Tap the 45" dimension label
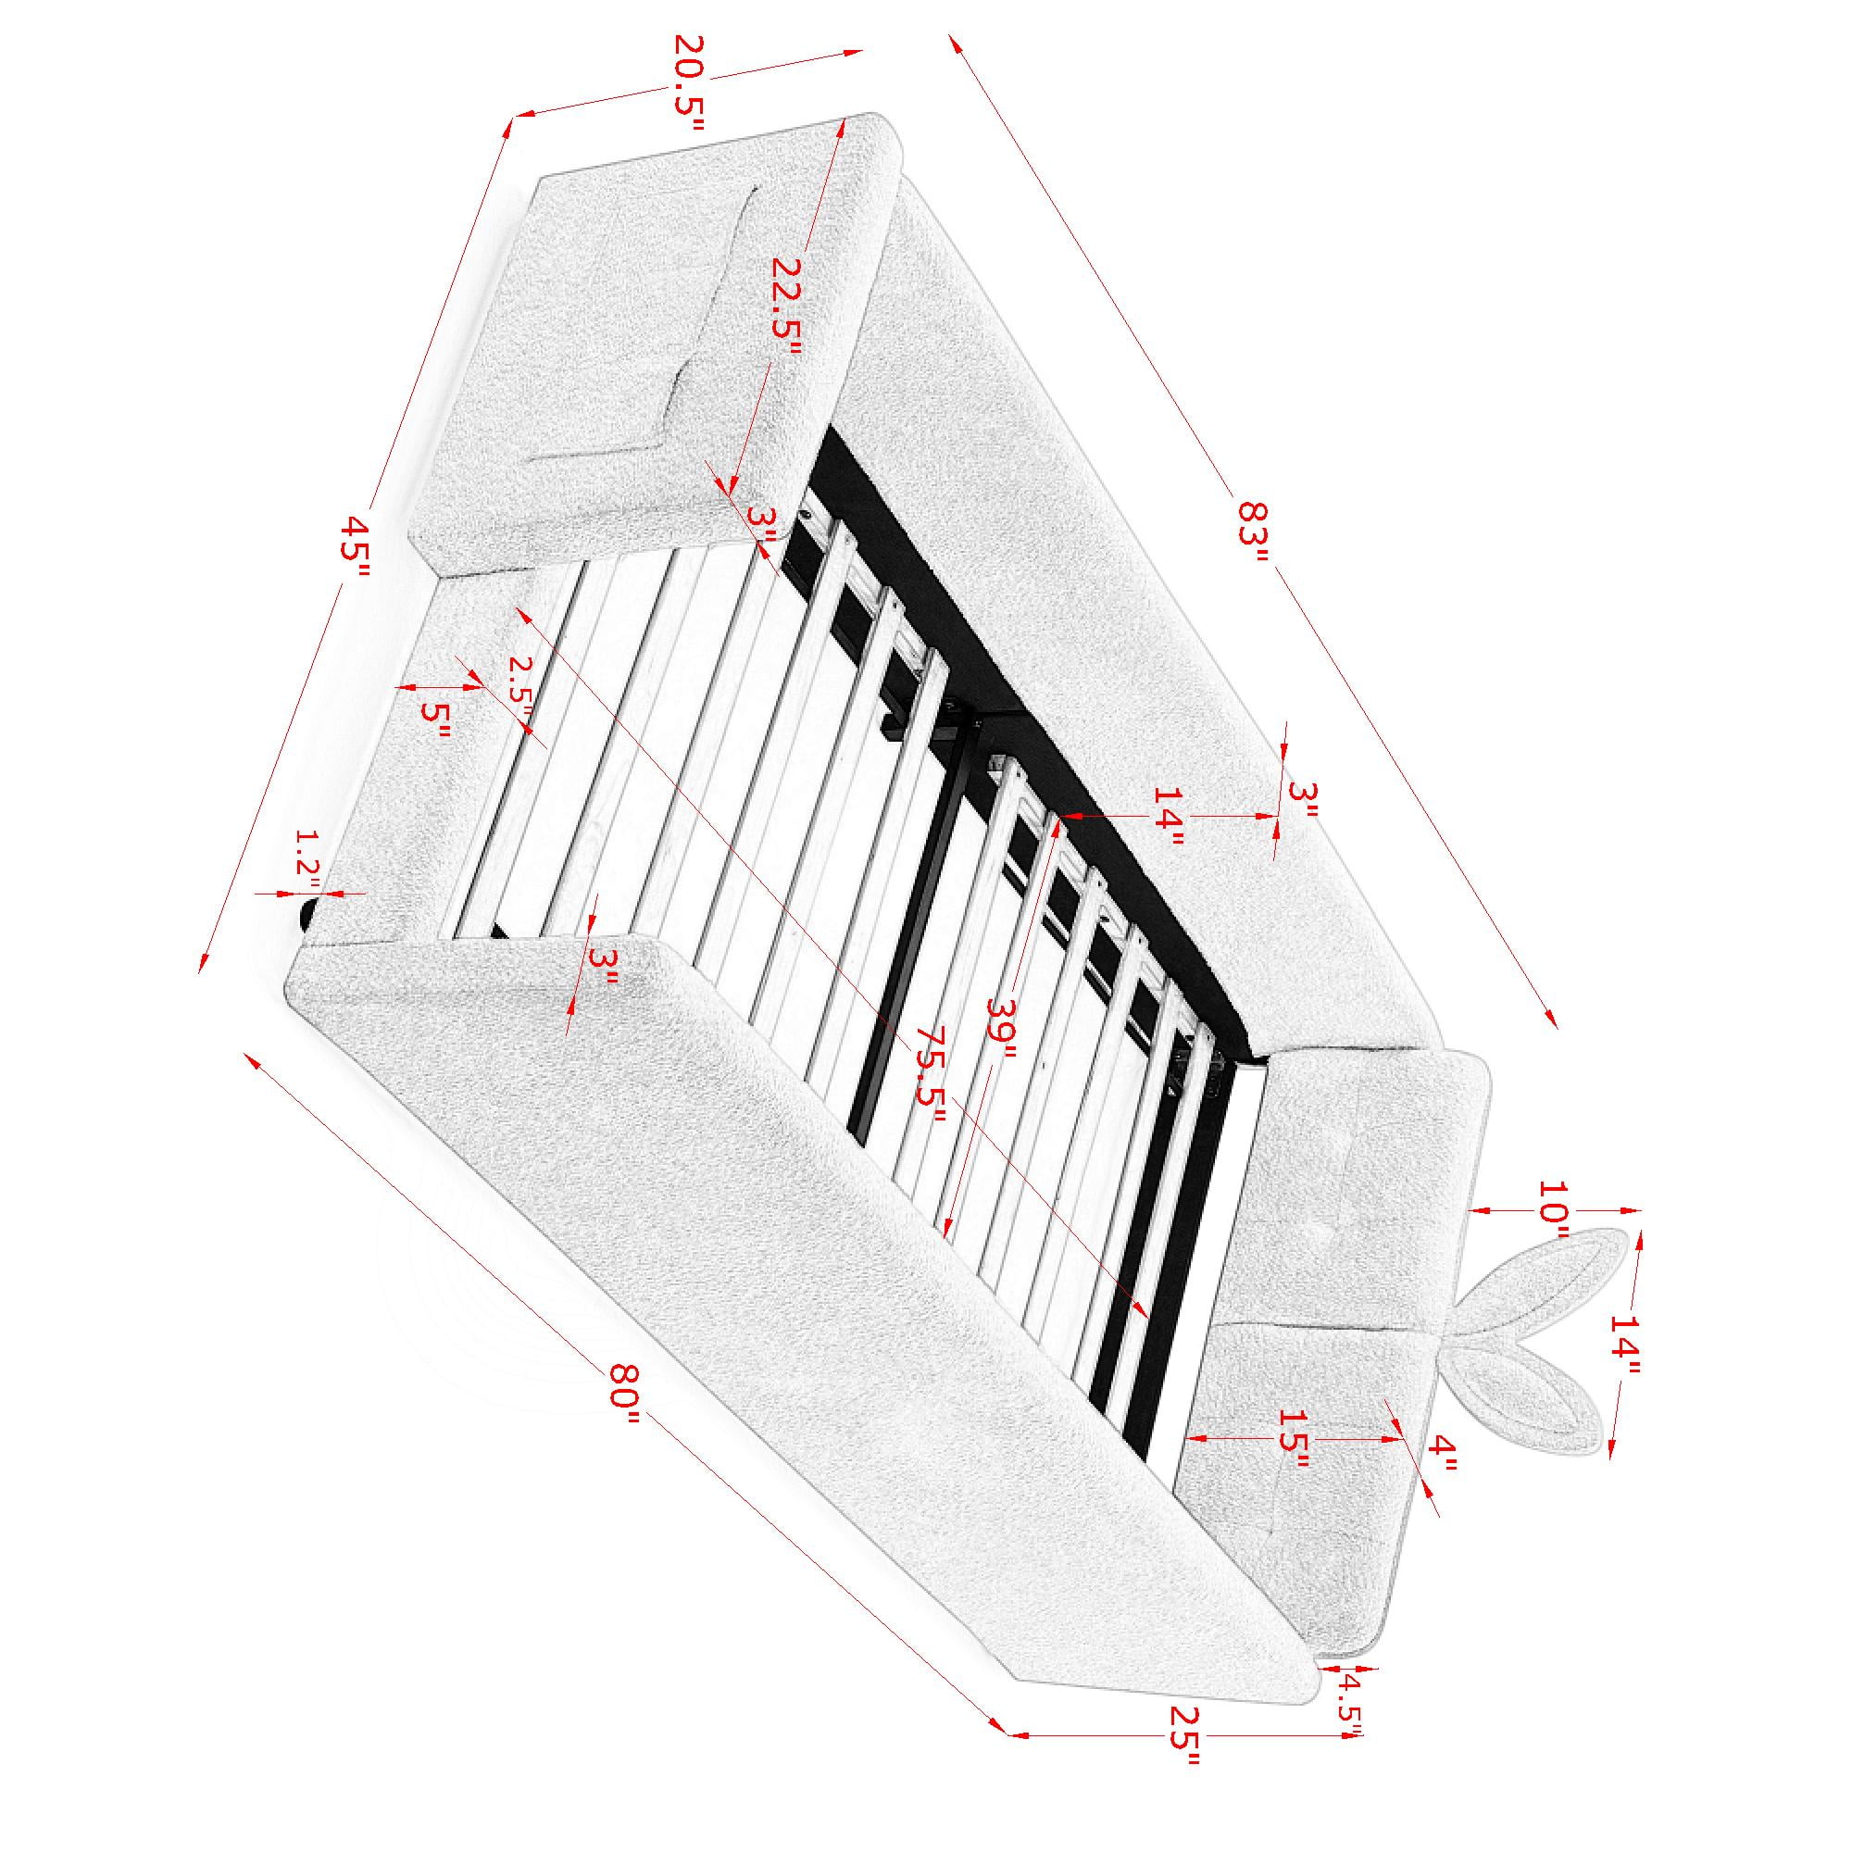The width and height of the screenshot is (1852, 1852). (357, 547)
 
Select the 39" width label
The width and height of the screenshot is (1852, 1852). (1001, 1031)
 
